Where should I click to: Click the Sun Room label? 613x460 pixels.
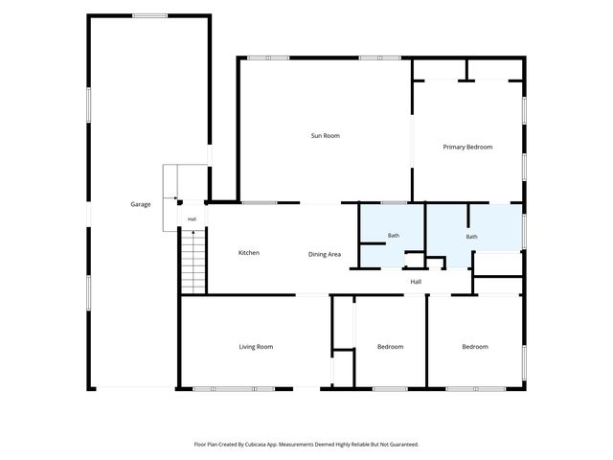[x=326, y=136]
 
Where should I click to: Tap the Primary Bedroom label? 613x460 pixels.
[x=467, y=147]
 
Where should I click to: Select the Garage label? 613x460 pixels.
[x=141, y=204]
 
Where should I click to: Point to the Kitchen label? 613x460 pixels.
[x=249, y=253]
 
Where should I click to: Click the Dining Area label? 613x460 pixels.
[x=325, y=254]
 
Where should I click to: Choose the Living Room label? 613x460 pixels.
[x=256, y=347]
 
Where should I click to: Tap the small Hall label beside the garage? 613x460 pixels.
[x=192, y=219]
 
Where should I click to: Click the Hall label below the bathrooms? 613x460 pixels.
[x=416, y=282]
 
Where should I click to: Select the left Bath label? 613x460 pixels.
[x=394, y=236]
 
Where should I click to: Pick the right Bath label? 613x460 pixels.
[x=471, y=237]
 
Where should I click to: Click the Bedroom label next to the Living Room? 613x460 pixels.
[x=390, y=347]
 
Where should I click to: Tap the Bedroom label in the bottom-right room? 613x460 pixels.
[x=475, y=347]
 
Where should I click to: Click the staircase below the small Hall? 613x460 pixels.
[x=193, y=262]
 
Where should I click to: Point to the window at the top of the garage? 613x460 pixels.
[x=149, y=16]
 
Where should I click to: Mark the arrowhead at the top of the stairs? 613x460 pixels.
[x=193, y=232]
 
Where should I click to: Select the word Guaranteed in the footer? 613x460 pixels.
[x=405, y=445]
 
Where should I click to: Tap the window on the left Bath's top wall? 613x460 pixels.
[x=394, y=202]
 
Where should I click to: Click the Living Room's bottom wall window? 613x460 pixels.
[x=234, y=389]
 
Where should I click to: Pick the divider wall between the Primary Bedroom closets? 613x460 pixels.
[x=466, y=70]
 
